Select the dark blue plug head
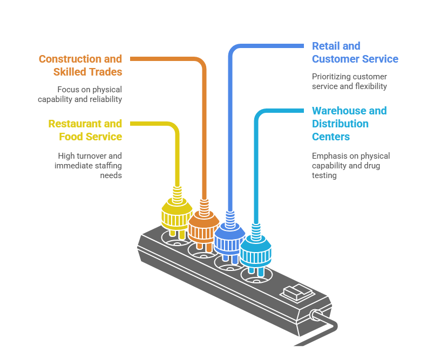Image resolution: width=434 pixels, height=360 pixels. tap(229, 240)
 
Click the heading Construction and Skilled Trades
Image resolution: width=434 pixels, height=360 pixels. tap(80, 65)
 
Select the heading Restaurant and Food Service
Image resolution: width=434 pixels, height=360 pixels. tap(85, 130)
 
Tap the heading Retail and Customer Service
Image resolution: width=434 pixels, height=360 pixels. tap(355, 52)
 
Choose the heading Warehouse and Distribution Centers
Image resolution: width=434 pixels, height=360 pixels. tap(349, 124)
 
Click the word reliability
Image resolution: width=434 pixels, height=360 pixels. tap(104, 99)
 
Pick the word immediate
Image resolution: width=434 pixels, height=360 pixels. tap(72, 166)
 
